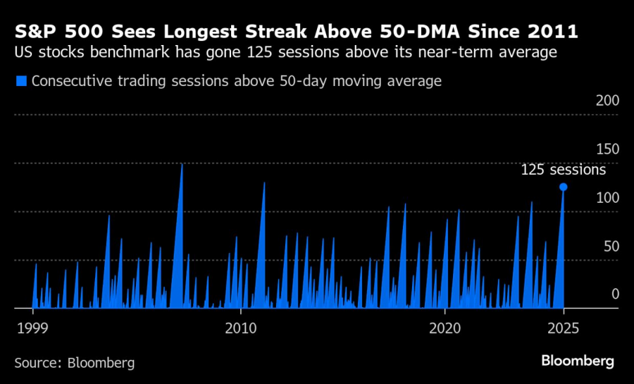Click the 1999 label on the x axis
pos(33,328)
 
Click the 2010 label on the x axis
pos(240,328)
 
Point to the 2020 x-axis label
pos(445,328)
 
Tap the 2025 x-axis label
pos(563,328)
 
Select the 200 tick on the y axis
pos(607,101)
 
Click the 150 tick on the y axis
pos(607,149)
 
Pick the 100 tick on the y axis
pos(607,198)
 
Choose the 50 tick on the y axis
pos(610,246)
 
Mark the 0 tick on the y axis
pos(614,294)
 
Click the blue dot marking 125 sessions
pos(563,187)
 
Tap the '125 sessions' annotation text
pos(563,170)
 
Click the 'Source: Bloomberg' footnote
pos(74,363)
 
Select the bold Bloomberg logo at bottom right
pos(578,361)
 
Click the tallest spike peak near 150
pos(182,163)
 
